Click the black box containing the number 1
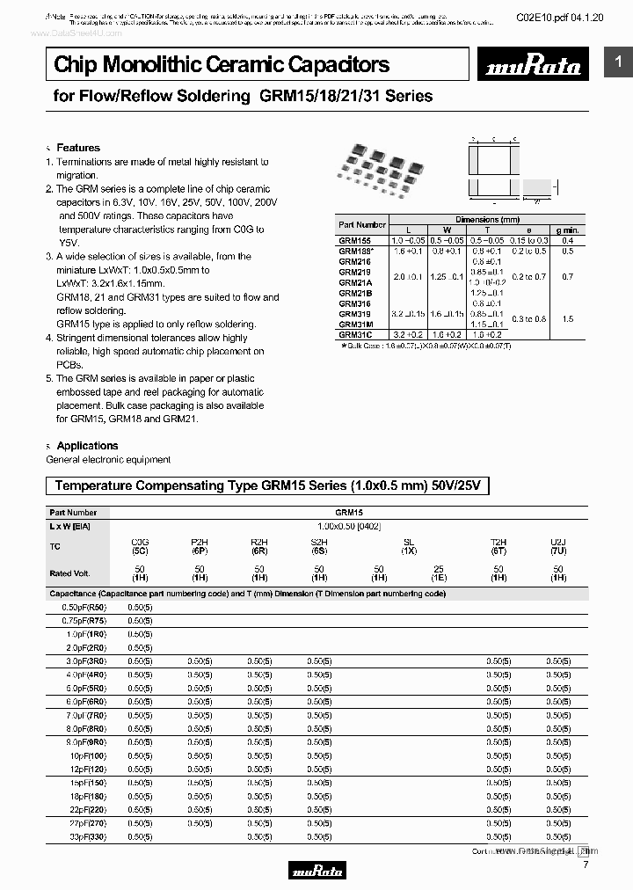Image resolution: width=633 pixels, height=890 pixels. pyautogui.click(x=618, y=62)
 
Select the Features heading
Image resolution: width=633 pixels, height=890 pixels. pyautogui.click(x=77, y=148)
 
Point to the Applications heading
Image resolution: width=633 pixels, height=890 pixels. pyautogui.click(x=86, y=446)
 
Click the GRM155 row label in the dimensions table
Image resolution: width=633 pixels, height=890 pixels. pyautogui.click(x=354, y=240)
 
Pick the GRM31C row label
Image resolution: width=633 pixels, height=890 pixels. pyautogui.click(x=355, y=335)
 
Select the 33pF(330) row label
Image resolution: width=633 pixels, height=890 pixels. pyautogui.click(x=85, y=837)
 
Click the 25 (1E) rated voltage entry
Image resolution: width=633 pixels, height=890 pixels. pyautogui.click(x=439, y=574)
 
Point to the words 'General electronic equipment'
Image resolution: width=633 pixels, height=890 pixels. pyautogui.click(x=108, y=460)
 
